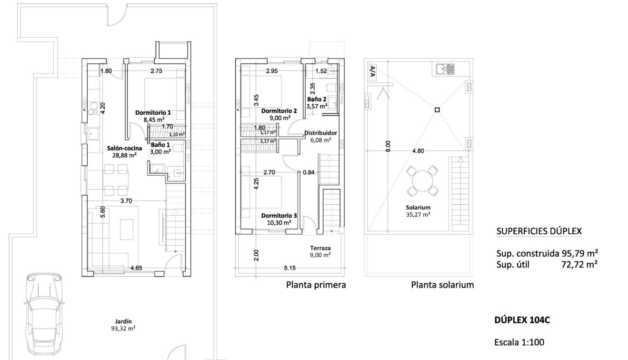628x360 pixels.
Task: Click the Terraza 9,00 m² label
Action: tap(320, 251)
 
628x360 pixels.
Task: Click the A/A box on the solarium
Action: tap(372, 70)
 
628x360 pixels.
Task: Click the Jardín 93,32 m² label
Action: tap(123, 324)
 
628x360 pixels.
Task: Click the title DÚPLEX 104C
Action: tap(522, 320)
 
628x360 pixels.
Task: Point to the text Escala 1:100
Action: tap(519, 342)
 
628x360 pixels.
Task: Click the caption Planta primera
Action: tap(316, 285)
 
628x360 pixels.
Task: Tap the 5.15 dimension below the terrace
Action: tap(290, 268)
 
